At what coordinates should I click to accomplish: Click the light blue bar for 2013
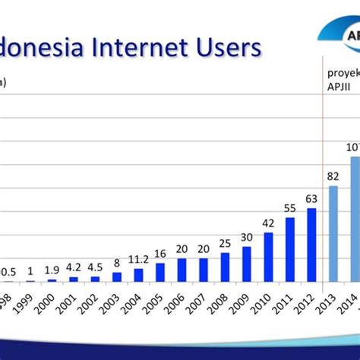click(333, 234)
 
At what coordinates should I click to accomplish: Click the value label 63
click(311, 200)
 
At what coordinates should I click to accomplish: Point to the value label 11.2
click(138, 260)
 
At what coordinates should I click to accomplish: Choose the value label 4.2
click(74, 267)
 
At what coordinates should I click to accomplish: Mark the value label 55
click(289, 208)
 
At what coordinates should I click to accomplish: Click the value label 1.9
click(52, 270)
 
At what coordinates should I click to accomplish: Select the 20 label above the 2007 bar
click(204, 249)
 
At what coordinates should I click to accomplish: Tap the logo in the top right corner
click(342, 38)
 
